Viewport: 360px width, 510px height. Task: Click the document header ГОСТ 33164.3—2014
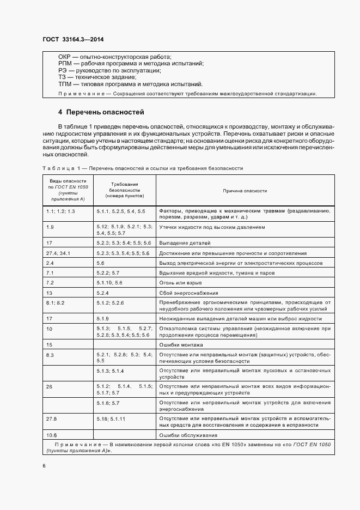pos(72,39)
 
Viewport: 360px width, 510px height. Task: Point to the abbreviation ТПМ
pos(65,84)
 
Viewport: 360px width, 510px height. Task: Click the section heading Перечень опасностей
pos(105,113)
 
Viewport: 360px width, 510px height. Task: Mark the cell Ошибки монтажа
pos(181,345)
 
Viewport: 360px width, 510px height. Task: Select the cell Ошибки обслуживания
pos(188,435)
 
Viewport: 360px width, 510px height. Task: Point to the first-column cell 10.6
pos(52,435)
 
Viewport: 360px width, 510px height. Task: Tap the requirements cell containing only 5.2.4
pos(102,293)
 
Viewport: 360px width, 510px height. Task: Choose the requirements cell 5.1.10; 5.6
pos(109,283)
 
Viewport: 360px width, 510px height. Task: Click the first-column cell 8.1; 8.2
pos(56,302)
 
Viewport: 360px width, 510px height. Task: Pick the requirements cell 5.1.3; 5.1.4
pos(110,371)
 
